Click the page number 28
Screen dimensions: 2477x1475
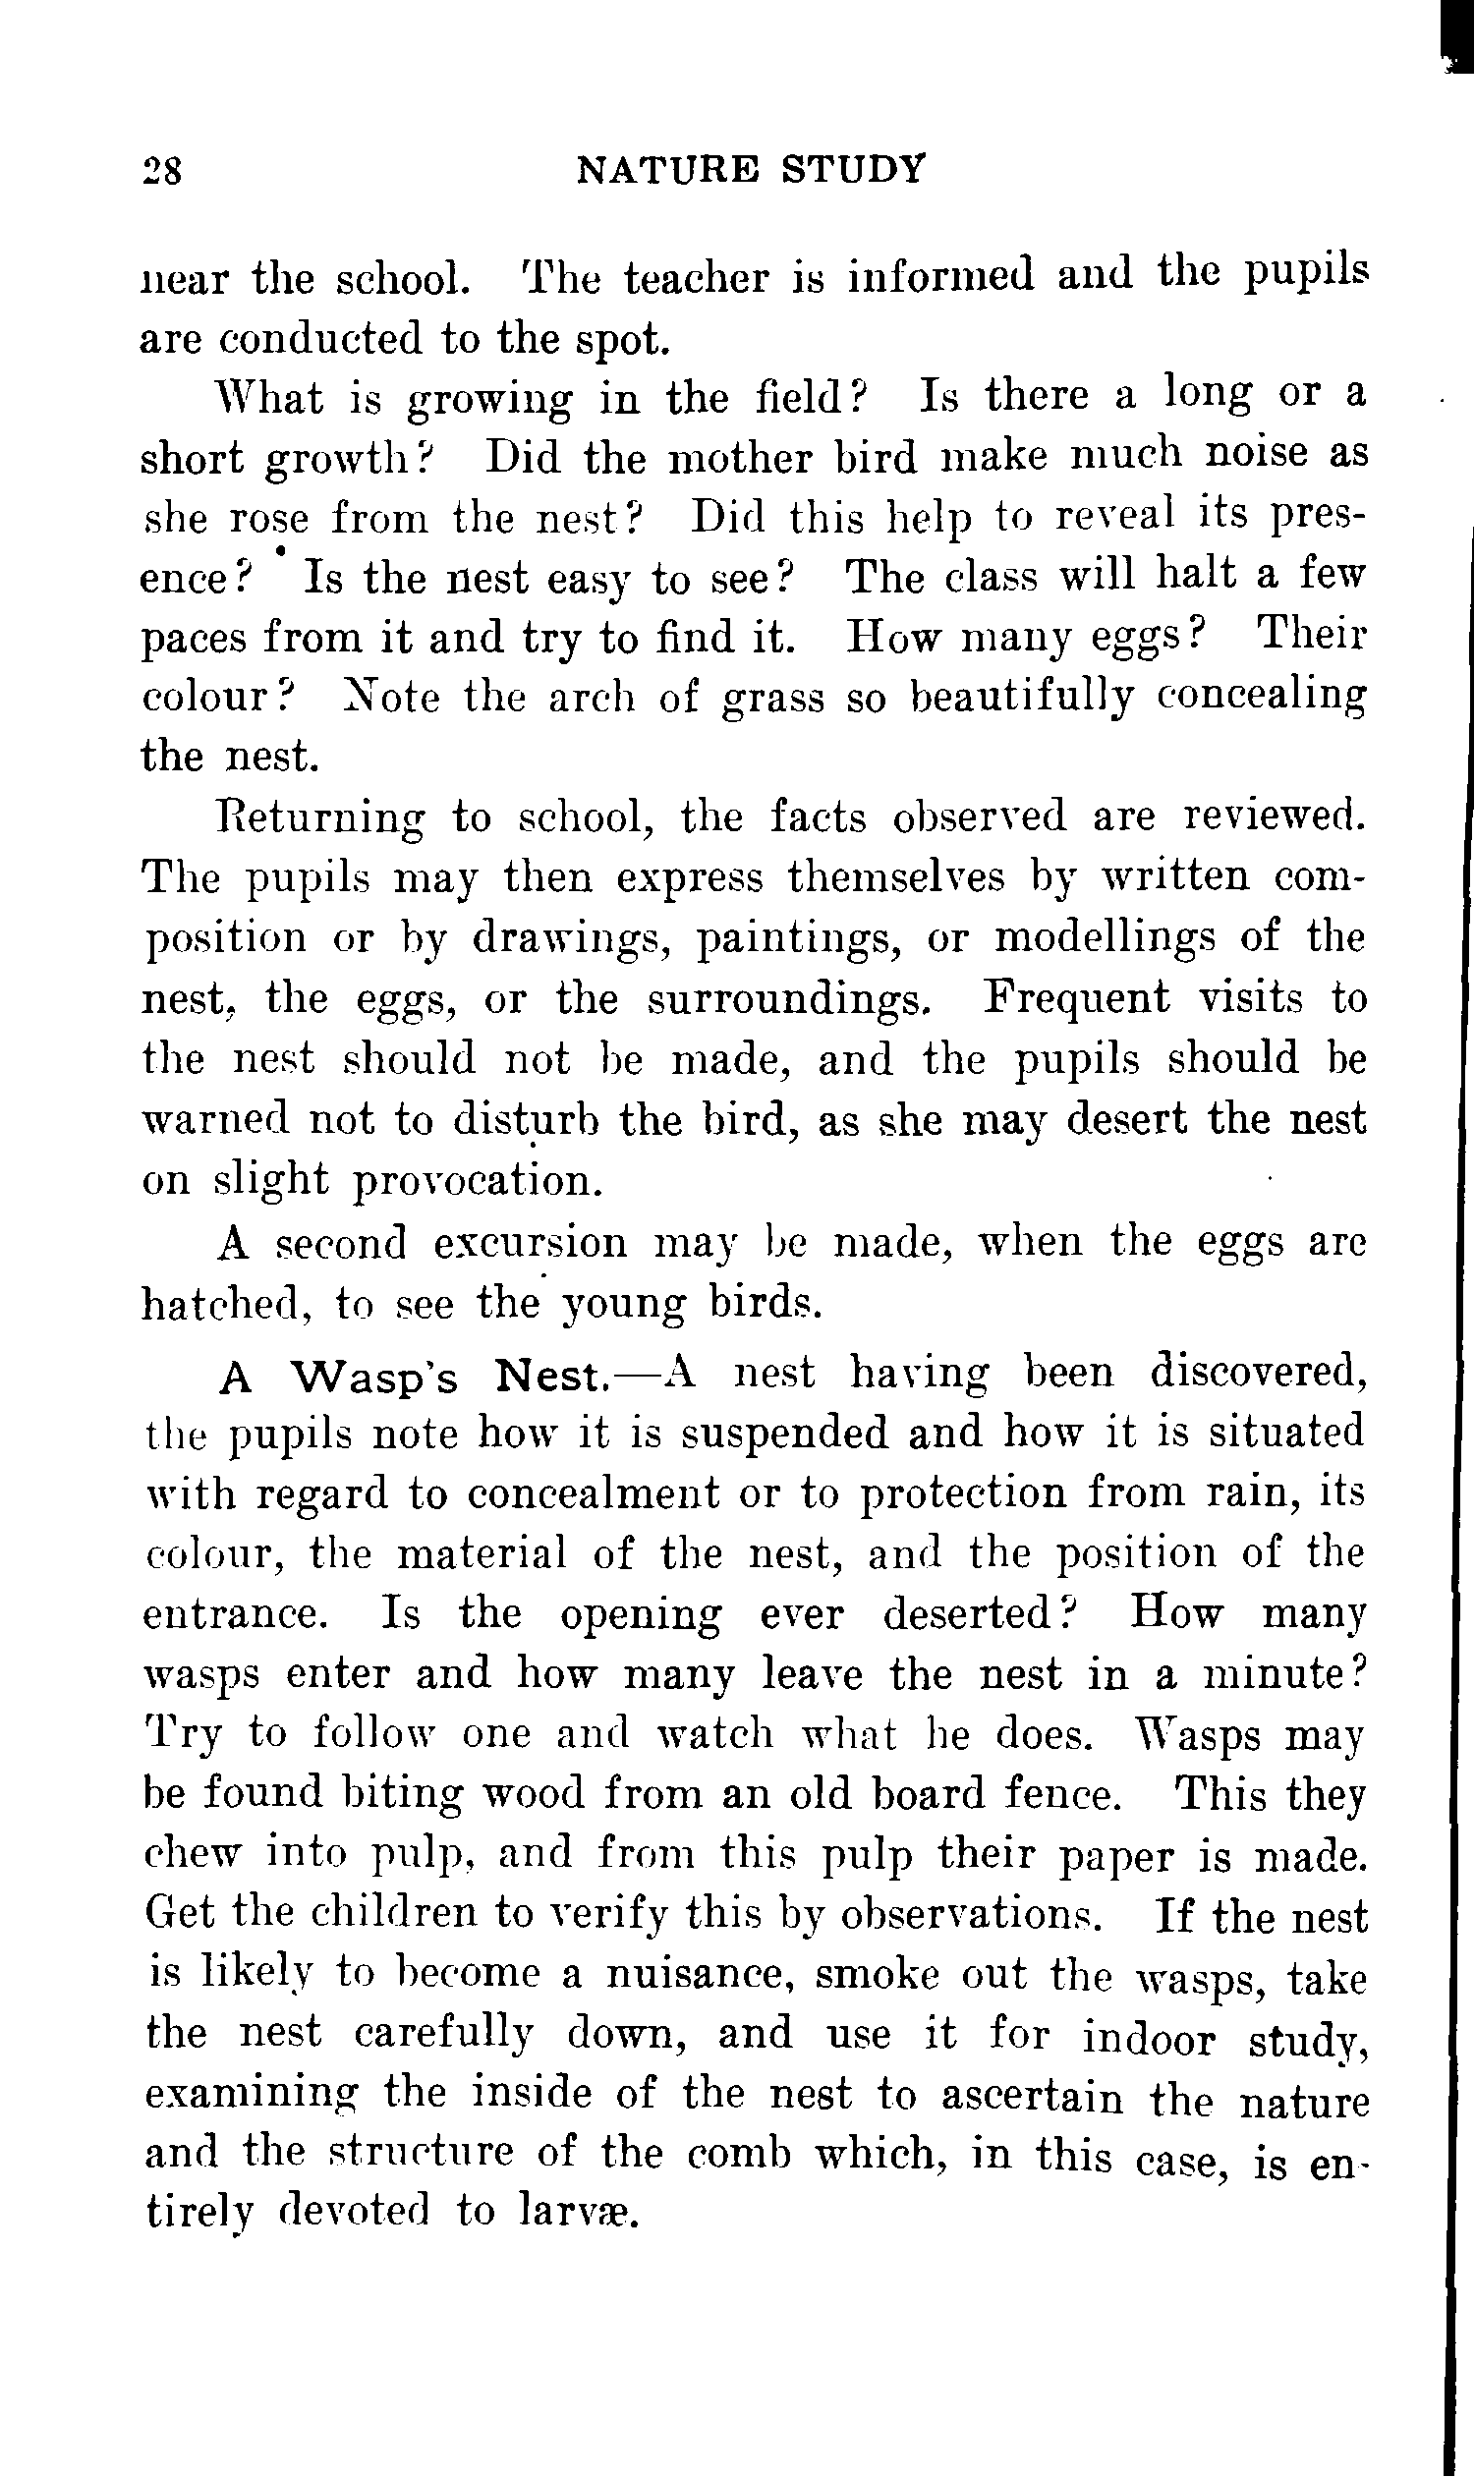tap(162, 170)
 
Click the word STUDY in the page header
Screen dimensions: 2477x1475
tap(852, 168)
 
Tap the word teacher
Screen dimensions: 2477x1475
tap(696, 278)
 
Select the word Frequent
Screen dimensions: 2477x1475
tap(1076, 997)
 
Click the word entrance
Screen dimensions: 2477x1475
tap(235, 1614)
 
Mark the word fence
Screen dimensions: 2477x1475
tap(1056, 1795)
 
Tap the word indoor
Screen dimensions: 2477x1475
tap(1148, 2037)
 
